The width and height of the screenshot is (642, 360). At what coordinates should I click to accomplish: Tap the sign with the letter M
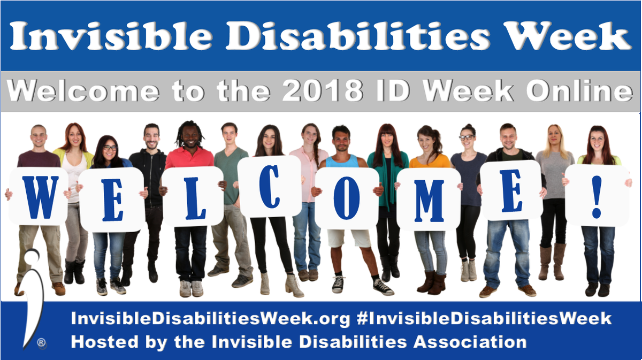429,199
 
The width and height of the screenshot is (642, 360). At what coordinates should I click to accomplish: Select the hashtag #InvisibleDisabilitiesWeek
484,319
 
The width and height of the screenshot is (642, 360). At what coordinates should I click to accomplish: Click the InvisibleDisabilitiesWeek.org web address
211,319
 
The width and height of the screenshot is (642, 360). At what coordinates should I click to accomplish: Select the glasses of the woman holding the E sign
110,148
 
